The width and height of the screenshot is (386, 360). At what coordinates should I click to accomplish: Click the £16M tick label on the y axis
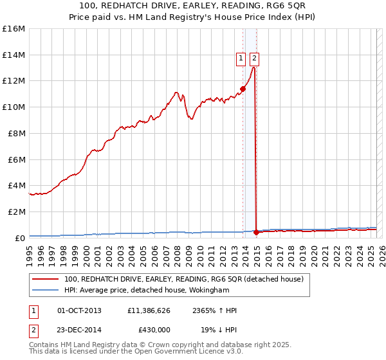[x=13, y=29]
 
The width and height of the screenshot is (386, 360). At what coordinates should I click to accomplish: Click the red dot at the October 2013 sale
[x=243, y=89]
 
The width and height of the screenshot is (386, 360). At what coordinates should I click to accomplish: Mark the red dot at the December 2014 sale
[x=256, y=232]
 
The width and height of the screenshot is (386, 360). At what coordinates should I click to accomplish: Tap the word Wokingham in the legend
[x=213, y=290]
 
